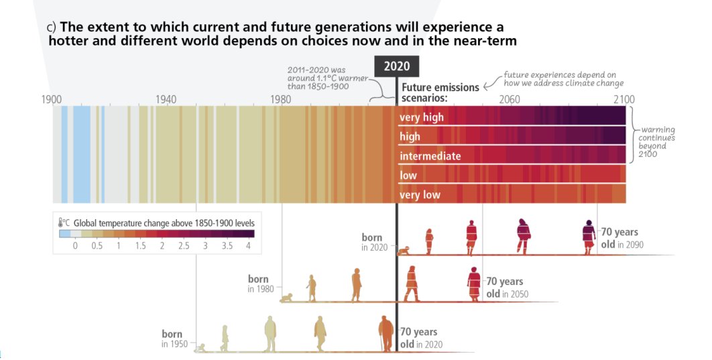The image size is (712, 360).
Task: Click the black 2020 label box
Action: pyautogui.click(x=397, y=66)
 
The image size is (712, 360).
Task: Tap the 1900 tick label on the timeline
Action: pyautogui.click(x=52, y=99)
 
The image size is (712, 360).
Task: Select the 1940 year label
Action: pyautogui.click(x=166, y=99)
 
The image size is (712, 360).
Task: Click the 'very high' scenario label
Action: pyautogui.click(x=422, y=118)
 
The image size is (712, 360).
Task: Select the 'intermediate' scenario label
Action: pyautogui.click(x=430, y=156)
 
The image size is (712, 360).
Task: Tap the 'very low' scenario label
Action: pyautogui.click(x=420, y=195)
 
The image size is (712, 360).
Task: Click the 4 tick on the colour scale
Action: pyautogui.click(x=248, y=246)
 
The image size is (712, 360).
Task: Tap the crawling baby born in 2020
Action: pyautogui.click(x=405, y=251)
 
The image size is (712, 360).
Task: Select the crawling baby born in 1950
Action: pyautogui.click(x=200, y=347)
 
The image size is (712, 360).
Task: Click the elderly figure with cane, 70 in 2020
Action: pyautogui.click(x=385, y=333)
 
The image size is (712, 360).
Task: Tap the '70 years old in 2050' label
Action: pyautogui.click(x=504, y=288)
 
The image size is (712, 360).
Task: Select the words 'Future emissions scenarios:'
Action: pyautogui.click(x=440, y=93)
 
